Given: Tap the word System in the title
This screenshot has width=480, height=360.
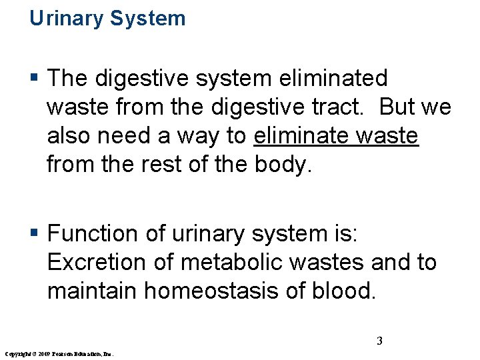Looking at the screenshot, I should pyautogui.click(x=148, y=19).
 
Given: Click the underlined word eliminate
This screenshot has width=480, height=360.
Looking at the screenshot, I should pyautogui.click(x=302, y=136).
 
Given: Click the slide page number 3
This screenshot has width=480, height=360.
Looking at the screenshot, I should pyautogui.click(x=379, y=341).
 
